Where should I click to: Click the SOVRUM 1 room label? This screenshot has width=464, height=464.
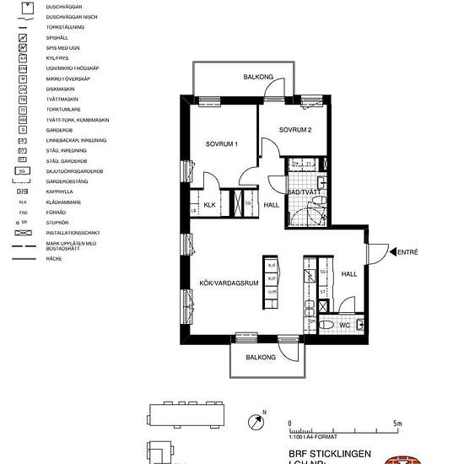point(222,144)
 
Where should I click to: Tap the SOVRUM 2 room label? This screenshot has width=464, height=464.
point(295,131)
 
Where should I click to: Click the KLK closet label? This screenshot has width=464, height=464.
point(210,205)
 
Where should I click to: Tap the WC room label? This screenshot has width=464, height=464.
point(344,325)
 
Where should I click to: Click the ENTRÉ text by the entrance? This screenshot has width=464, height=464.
point(407,251)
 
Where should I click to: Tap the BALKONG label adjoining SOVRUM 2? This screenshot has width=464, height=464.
point(258,77)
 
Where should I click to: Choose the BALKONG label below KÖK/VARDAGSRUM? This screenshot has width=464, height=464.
point(261,358)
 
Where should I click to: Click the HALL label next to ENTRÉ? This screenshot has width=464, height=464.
point(348,274)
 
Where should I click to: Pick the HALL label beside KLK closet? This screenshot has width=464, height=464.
point(271,205)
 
